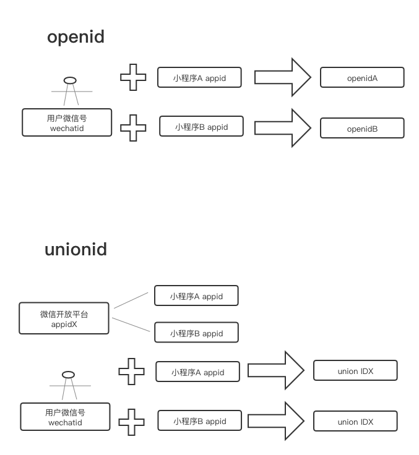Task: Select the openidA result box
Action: pyautogui.click(x=362, y=78)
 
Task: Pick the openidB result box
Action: pyautogui.click(x=362, y=129)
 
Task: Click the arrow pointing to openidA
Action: pyautogui.click(x=282, y=77)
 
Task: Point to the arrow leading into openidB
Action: pyautogui.click(x=282, y=127)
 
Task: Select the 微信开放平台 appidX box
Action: pyautogui.click(x=64, y=318)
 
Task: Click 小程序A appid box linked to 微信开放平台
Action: pyautogui.click(x=196, y=296)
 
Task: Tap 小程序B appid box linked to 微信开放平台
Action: pyautogui.click(x=196, y=333)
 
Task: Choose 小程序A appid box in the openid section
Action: pyautogui.click(x=199, y=78)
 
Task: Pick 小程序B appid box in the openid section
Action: pyautogui.click(x=201, y=127)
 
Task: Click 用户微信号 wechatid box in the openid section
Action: pyautogui.click(x=66, y=122)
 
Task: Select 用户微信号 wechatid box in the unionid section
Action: pyautogui.click(x=65, y=417)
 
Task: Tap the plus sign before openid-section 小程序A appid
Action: pyautogui.click(x=133, y=78)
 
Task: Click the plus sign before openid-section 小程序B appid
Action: pyautogui.click(x=133, y=128)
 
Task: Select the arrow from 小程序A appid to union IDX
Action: pyautogui.click(x=276, y=370)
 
